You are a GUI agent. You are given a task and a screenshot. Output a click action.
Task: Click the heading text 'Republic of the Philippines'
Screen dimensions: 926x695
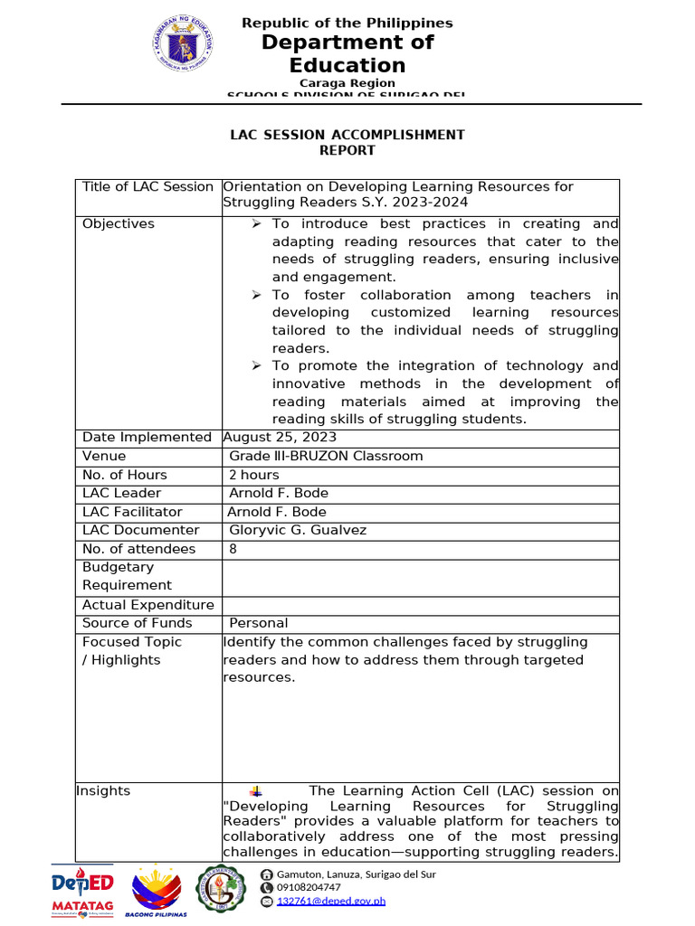[347, 23]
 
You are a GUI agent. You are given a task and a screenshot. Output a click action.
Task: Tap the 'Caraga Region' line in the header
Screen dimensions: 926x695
[347, 82]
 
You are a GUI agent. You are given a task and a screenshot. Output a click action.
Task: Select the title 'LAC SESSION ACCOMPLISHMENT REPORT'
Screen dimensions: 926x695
[347, 142]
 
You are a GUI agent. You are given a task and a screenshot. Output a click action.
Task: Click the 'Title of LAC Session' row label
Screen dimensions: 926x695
[148, 186]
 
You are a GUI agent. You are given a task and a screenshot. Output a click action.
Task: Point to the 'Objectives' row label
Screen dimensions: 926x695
[119, 223]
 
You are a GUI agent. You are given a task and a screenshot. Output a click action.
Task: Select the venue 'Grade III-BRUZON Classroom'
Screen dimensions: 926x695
[326, 456]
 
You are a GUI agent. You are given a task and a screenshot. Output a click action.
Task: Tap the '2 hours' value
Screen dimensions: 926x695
[254, 475]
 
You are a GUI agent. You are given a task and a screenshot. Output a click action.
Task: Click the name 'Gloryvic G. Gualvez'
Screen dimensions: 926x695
[298, 530]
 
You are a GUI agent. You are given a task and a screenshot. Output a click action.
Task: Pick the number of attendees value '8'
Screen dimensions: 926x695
[233, 549]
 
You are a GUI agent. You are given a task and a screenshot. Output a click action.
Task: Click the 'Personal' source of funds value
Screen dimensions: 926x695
[259, 623]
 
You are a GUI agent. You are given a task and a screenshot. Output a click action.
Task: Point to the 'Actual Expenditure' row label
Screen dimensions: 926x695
[148, 605]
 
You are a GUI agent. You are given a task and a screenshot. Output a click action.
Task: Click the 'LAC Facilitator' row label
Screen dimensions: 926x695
[132, 512]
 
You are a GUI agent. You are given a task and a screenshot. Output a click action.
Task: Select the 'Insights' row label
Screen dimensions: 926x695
[106, 790]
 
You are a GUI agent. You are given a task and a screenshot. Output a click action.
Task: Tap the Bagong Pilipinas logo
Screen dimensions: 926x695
[159, 893]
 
